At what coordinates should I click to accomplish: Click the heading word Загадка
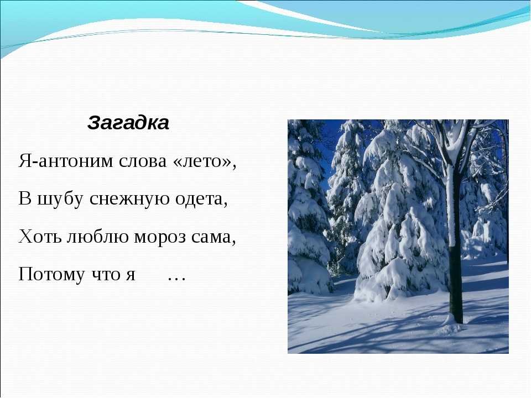point(128,123)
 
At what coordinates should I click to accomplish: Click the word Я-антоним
point(66,161)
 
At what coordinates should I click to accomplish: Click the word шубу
point(60,198)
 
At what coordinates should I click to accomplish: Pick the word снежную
point(129,199)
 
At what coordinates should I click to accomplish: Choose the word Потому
point(51,274)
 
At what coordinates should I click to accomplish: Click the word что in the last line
point(104,275)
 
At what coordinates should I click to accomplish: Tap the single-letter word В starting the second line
point(24,198)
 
